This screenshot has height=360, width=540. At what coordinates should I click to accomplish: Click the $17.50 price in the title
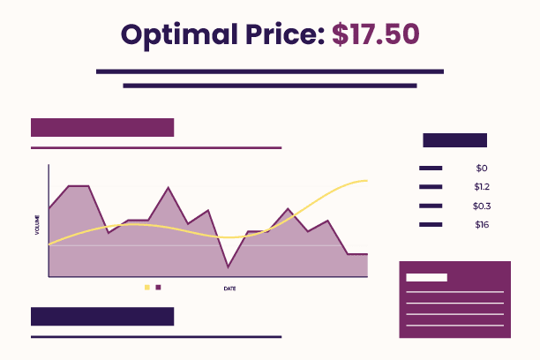tap(376, 34)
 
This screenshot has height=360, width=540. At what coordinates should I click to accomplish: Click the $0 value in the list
tap(482, 169)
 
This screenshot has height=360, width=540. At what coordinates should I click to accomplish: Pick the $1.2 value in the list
tap(482, 187)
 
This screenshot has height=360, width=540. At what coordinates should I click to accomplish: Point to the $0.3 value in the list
tap(482, 206)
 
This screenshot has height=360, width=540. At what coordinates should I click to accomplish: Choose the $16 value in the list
tap(482, 225)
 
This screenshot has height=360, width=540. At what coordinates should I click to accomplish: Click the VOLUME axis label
tap(37, 225)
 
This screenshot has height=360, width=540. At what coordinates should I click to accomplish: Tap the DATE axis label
tap(229, 289)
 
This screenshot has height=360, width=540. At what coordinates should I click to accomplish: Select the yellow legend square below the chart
tap(147, 288)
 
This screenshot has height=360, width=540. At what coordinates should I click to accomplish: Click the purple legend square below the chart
tap(158, 288)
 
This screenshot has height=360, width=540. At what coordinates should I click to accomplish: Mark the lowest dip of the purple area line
tap(228, 267)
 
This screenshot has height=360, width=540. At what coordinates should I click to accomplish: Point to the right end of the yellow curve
tap(367, 181)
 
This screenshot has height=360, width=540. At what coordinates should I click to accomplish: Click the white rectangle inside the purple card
tap(427, 277)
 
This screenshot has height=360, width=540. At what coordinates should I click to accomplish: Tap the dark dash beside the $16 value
tap(431, 225)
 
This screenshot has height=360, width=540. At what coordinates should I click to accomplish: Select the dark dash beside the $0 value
tap(431, 169)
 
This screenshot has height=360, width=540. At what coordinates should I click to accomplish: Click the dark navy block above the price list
tap(455, 140)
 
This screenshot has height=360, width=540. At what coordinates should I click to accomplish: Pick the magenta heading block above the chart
tap(102, 127)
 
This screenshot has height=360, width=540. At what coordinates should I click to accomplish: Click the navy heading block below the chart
tap(102, 316)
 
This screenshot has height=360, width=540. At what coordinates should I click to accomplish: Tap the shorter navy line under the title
tap(270, 86)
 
